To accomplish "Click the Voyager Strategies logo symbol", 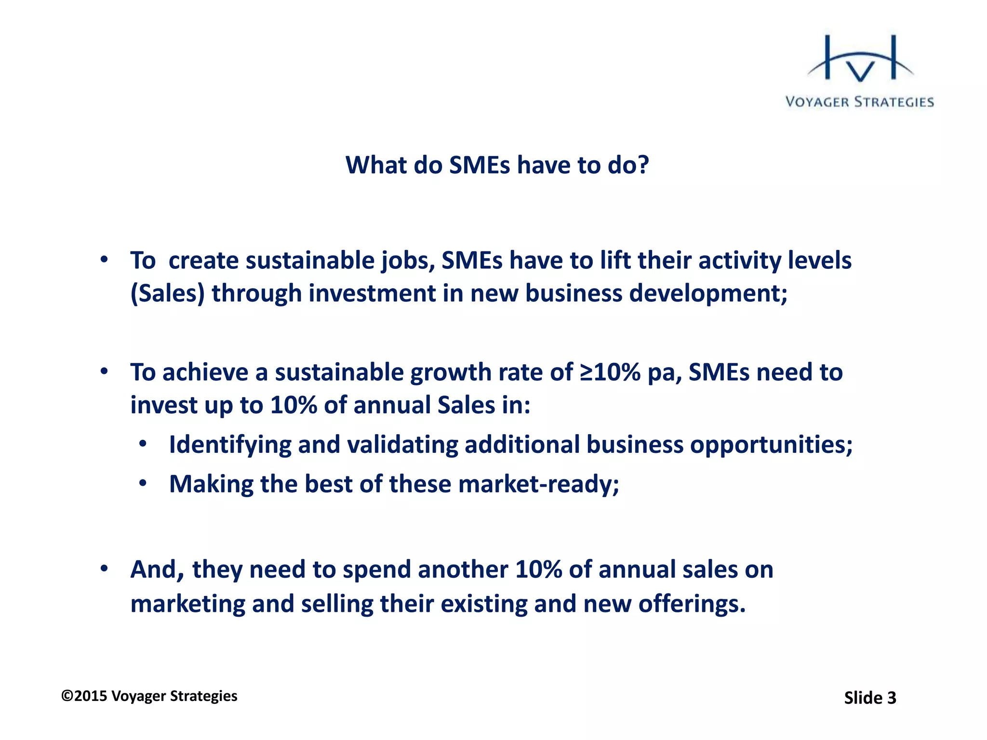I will [860, 60].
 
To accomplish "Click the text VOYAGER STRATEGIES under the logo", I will [860, 102].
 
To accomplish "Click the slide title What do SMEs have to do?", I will [497, 165].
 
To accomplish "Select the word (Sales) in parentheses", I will [168, 293].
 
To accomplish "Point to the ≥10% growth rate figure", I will [610, 372].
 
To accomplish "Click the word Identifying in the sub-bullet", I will [230, 445].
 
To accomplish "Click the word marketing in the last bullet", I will [187, 604].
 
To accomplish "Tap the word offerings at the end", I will [692, 604].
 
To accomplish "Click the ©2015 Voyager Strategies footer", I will [149, 696].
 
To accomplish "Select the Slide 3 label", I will [870, 698].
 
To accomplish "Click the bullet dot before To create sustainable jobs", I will [104, 260].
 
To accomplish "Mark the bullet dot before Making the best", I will [143, 483].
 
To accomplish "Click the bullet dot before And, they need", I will [104, 569].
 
